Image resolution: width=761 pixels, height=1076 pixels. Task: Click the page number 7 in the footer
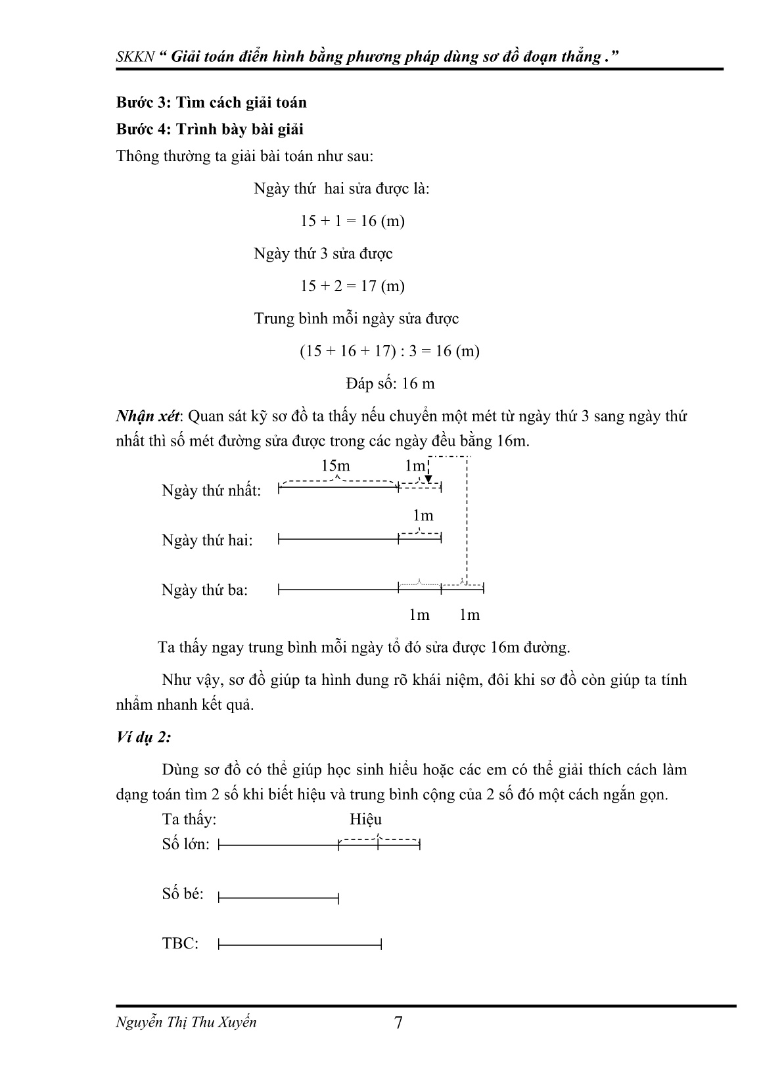click(x=398, y=1023)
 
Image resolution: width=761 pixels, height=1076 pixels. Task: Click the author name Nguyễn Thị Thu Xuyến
click(x=186, y=1022)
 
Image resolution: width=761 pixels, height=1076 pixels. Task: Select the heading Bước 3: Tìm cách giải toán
click(x=211, y=103)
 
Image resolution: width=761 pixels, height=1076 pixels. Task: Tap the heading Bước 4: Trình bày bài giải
click(x=209, y=129)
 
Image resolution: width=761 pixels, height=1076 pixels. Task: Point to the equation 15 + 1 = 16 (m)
click(x=352, y=221)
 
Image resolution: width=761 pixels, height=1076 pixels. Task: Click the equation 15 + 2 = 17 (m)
click(x=352, y=286)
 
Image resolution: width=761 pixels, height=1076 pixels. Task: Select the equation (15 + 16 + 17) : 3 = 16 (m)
click(x=390, y=351)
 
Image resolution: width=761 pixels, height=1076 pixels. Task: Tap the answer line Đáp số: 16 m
click(x=390, y=383)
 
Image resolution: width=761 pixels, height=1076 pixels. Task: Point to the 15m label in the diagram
click(x=335, y=466)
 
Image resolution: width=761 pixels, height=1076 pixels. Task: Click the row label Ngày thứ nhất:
click(x=211, y=491)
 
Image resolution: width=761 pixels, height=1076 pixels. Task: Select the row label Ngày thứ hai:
click(x=207, y=540)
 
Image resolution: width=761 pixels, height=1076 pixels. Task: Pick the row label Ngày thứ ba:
click(x=204, y=590)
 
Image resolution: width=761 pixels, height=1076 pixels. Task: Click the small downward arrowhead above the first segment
click(x=428, y=480)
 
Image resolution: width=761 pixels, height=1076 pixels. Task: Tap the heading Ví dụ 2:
click(x=143, y=737)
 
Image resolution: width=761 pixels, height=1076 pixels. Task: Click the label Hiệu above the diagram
click(x=365, y=820)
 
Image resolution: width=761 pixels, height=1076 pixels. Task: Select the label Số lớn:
click(x=185, y=845)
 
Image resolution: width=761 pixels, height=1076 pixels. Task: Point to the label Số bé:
click(x=183, y=894)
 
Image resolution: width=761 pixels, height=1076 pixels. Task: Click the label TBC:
click(x=180, y=944)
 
